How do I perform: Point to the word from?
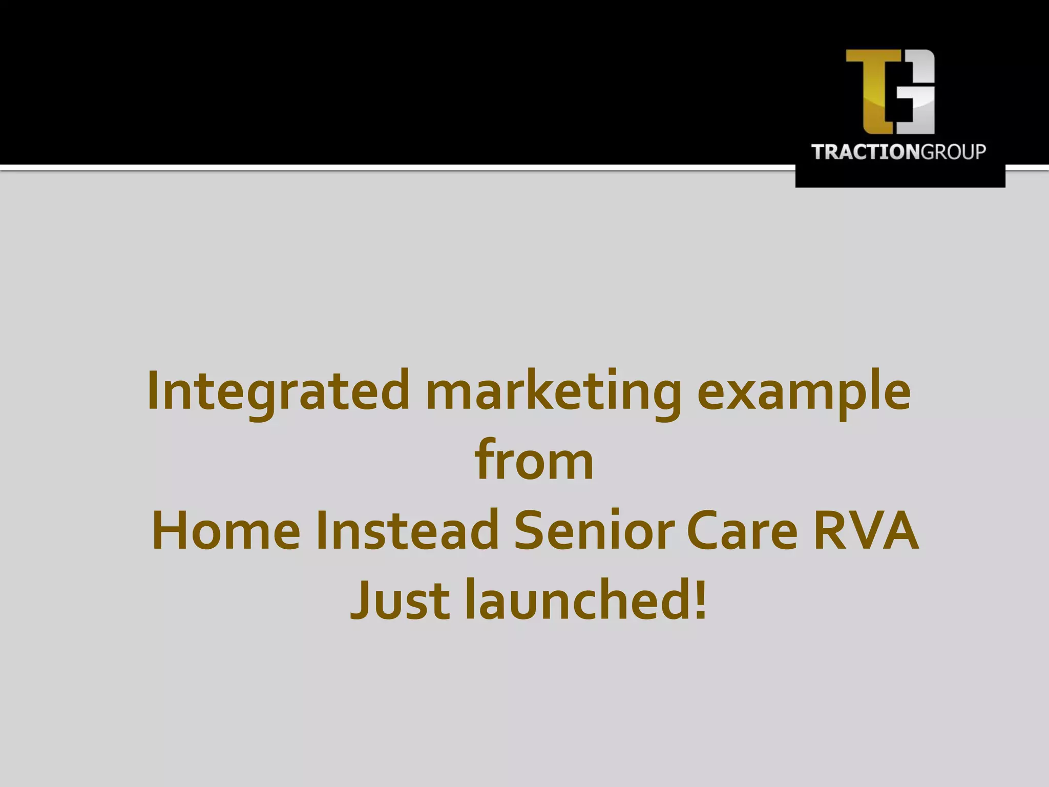click(534, 460)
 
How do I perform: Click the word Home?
click(226, 530)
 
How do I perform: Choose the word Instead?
click(407, 530)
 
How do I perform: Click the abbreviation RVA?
click(866, 530)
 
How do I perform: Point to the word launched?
click(579, 598)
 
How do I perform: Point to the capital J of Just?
click(361, 598)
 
